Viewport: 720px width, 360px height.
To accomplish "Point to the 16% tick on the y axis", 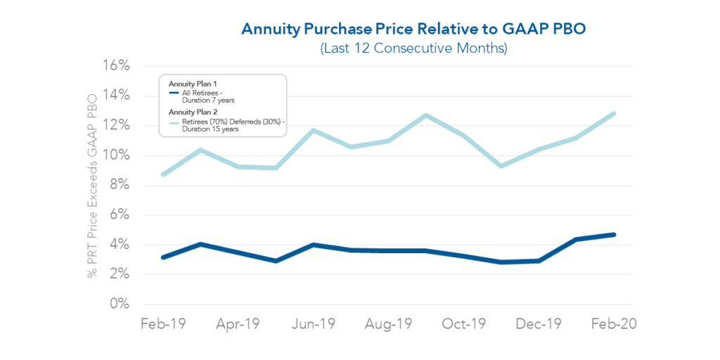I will point(115,66).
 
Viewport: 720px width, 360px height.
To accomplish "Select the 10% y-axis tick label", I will point(115,155).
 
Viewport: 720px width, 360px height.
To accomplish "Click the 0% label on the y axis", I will point(120,304).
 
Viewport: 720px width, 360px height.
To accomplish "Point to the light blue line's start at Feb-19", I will point(163,174).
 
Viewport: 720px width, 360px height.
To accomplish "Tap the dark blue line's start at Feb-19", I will point(163,257).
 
